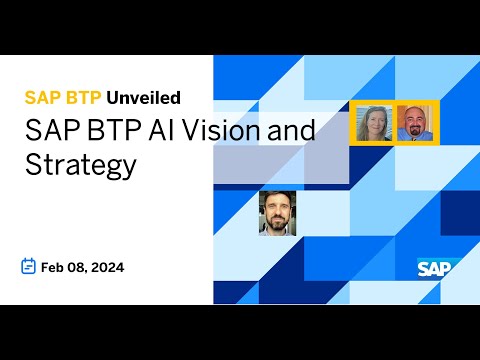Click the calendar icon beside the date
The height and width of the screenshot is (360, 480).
coord(29,266)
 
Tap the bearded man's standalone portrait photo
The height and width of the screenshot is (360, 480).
coord(277,212)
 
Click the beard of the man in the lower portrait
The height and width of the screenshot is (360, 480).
coord(277,224)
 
